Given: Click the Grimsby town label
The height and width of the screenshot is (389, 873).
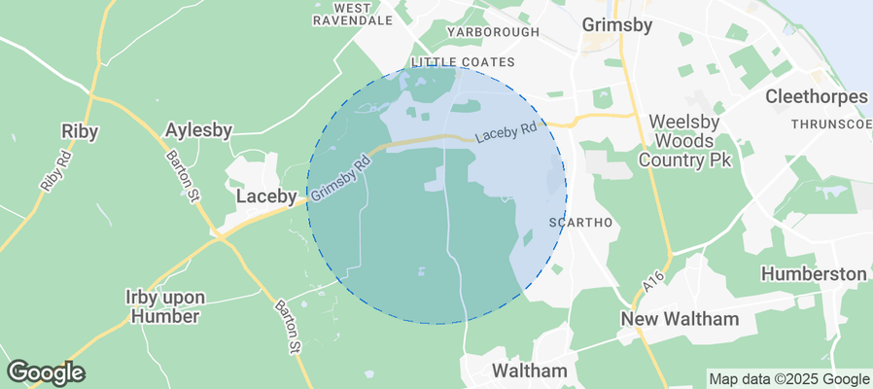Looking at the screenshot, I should (x=615, y=24).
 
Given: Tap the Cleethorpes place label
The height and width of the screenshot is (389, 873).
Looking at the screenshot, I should (x=816, y=97).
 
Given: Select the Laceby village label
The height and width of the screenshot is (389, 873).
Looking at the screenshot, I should (x=266, y=196).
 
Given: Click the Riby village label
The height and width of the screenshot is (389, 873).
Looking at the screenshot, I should (x=80, y=131).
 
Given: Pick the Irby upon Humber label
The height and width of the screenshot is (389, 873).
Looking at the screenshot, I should (x=163, y=305).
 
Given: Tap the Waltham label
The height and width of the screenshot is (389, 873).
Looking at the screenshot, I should (x=530, y=371).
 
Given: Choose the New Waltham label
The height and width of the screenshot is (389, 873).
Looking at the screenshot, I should (x=681, y=319).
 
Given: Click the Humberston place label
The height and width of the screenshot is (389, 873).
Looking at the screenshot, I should (x=813, y=273).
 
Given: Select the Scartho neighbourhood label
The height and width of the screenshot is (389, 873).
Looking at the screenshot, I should (x=580, y=223).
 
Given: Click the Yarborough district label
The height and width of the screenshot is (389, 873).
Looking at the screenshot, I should (x=492, y=32).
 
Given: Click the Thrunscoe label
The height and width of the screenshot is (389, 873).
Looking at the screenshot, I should (x=831, y=124).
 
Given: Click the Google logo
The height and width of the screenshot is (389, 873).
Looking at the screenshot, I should (x=45, y=371).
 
